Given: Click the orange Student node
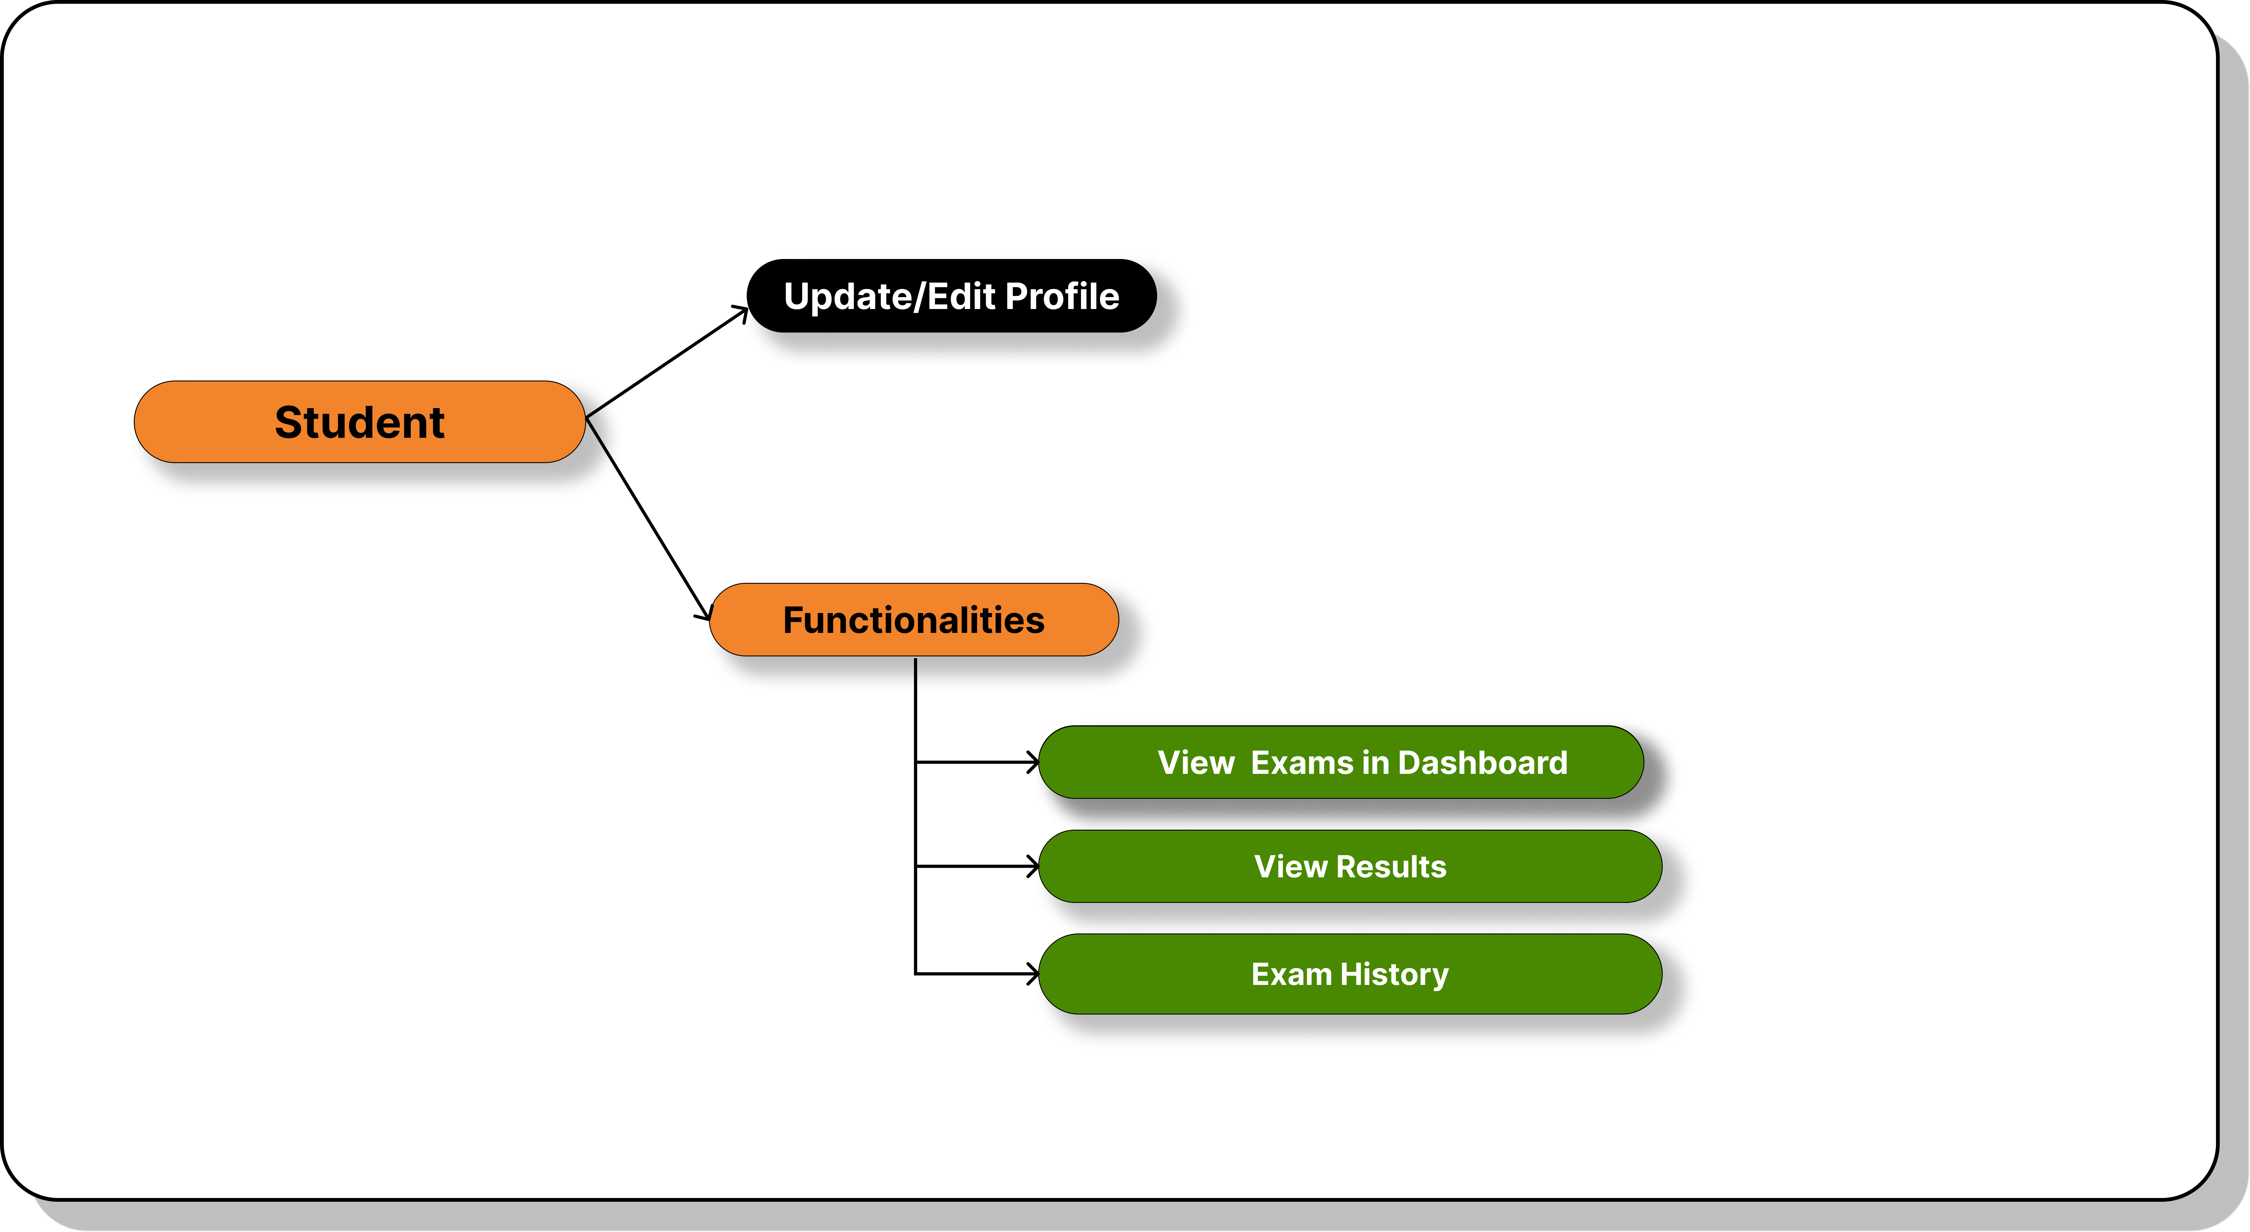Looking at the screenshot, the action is click(x=359, y=422).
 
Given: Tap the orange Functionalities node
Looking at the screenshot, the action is click(x=914, y=620).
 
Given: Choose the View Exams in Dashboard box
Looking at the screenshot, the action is click(x=1341, y=762).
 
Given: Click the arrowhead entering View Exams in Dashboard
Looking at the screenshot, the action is click(x=1033, y=762).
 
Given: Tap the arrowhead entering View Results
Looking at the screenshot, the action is click(x=1033, y=866).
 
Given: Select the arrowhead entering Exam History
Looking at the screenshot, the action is click(x=1033, y=974).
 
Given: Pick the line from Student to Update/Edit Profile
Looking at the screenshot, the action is click(x=666, y=362).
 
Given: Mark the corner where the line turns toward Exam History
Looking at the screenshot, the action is click(x=915, y=974).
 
